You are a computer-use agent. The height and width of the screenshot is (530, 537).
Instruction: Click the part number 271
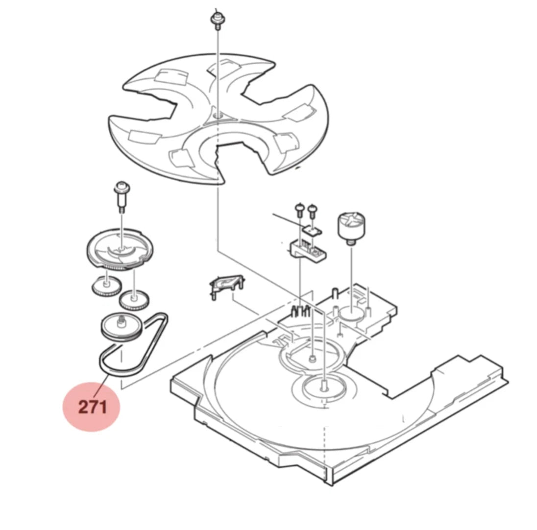coord(93,407)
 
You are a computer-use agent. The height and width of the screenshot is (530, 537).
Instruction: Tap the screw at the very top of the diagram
coord(217,20)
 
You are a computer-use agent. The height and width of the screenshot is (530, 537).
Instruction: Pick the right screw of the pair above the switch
coord(312,211)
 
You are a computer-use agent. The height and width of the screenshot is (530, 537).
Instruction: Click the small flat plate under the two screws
coord(312,230)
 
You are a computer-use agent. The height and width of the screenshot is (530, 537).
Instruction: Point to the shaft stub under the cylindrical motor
coord(350,241)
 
